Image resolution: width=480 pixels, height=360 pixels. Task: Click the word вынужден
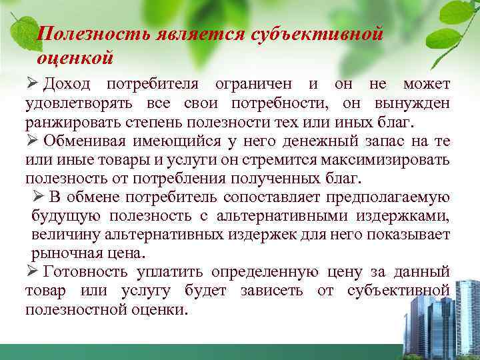click(x=413, y=105)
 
